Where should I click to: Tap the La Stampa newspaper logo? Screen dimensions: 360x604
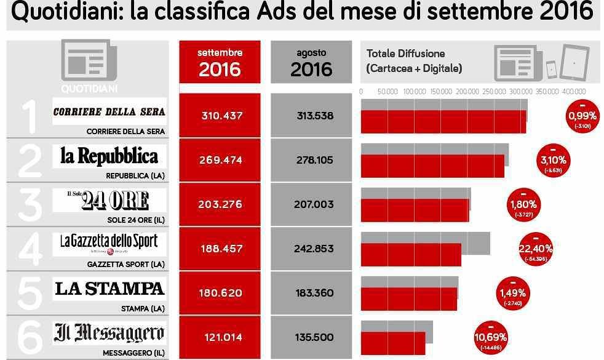click(x=109, y=288)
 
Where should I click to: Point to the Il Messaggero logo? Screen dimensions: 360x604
click(x=109, y=333)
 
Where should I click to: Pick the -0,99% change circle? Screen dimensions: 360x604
click(x=582, y=115)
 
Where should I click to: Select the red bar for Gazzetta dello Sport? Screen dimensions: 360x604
click(x=411, y=255)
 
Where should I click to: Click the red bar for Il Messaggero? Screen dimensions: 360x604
click(x=393, y=343)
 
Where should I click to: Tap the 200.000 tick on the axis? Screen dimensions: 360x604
click(x=467, y=91)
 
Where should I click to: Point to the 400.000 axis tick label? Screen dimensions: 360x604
click(x=574, y=91)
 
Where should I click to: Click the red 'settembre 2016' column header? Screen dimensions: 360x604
click(x=220, y=62)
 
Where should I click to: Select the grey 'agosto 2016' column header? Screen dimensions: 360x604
click(x=311, y=62)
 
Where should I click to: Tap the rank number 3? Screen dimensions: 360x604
click(x=29, y=204)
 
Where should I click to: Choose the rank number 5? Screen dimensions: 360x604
click(x=29, y=293)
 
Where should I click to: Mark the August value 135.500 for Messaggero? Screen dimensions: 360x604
click(x=314, y=337)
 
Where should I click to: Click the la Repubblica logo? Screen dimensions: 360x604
click(x=109, y=156)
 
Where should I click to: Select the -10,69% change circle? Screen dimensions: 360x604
click(x=490, y=337)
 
